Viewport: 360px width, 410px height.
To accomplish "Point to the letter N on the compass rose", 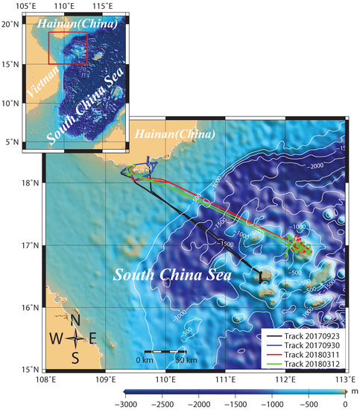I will click(x=75, y=320).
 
